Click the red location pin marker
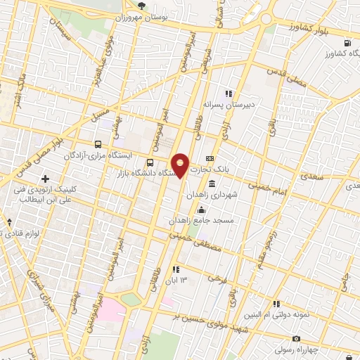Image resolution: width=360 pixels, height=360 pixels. [x=181, y=165]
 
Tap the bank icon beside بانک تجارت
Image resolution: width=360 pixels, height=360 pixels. [x=209, y=158]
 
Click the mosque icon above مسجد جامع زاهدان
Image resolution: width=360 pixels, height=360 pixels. [x=202, y=209]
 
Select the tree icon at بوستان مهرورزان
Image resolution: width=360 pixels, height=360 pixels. [x=143, y=6]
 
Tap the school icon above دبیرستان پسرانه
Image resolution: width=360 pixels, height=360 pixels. [x=228, y=93]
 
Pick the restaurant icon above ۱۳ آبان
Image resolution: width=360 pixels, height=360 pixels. [x=175, y=269]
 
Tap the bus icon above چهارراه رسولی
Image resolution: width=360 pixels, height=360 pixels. [x=300, y=338]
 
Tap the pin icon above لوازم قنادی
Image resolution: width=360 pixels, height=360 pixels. [x=9, y=221]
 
